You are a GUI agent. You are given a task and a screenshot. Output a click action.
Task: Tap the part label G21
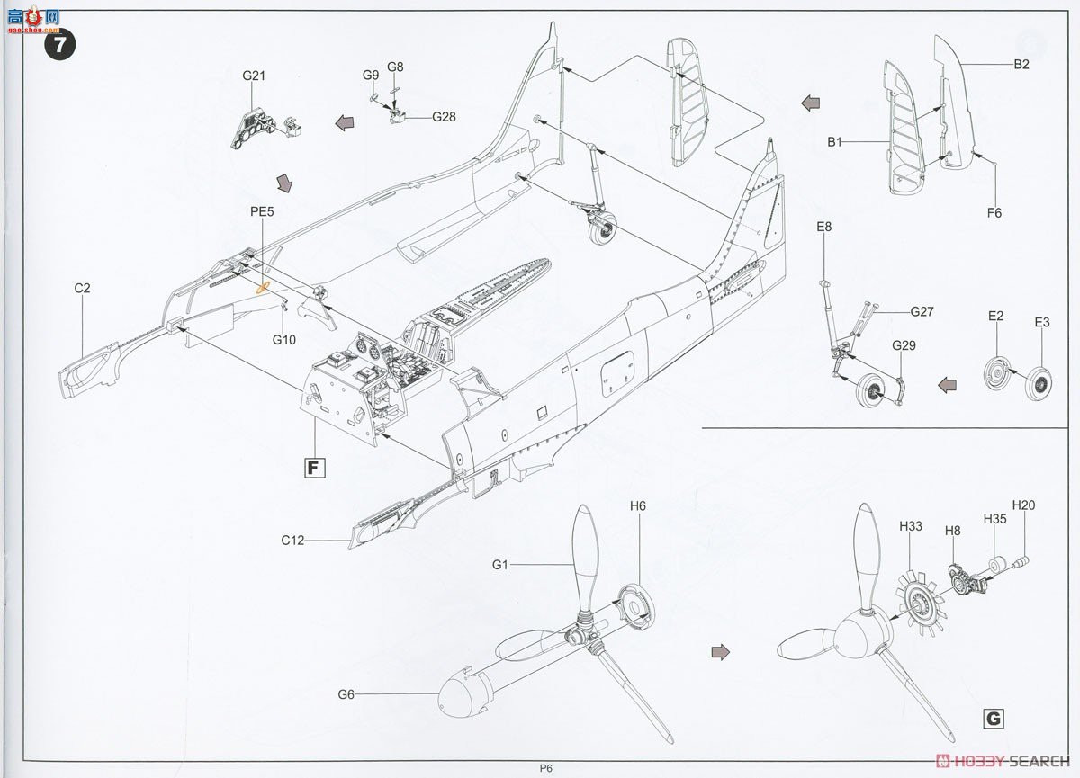pos(253,76)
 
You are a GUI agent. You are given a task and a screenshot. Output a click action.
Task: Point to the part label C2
pos(83,288)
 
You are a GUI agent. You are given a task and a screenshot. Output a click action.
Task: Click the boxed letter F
pos(314,467)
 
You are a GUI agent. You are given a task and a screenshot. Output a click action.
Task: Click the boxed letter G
pos(993,719)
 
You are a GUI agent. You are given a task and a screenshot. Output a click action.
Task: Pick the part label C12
pos(292,541)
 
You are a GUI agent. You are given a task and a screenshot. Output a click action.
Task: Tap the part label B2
pos(1021,65)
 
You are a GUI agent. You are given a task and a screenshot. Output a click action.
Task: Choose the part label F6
pos(994,213)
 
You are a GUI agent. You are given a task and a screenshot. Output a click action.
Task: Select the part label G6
pos(347,693)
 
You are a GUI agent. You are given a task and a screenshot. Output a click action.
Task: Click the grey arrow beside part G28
pos(343,123)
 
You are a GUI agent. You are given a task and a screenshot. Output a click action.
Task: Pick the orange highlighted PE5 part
pos(264,288)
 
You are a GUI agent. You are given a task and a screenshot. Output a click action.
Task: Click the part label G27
pos(922,312)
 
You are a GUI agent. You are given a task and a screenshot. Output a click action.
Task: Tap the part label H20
pos(1023,505)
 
